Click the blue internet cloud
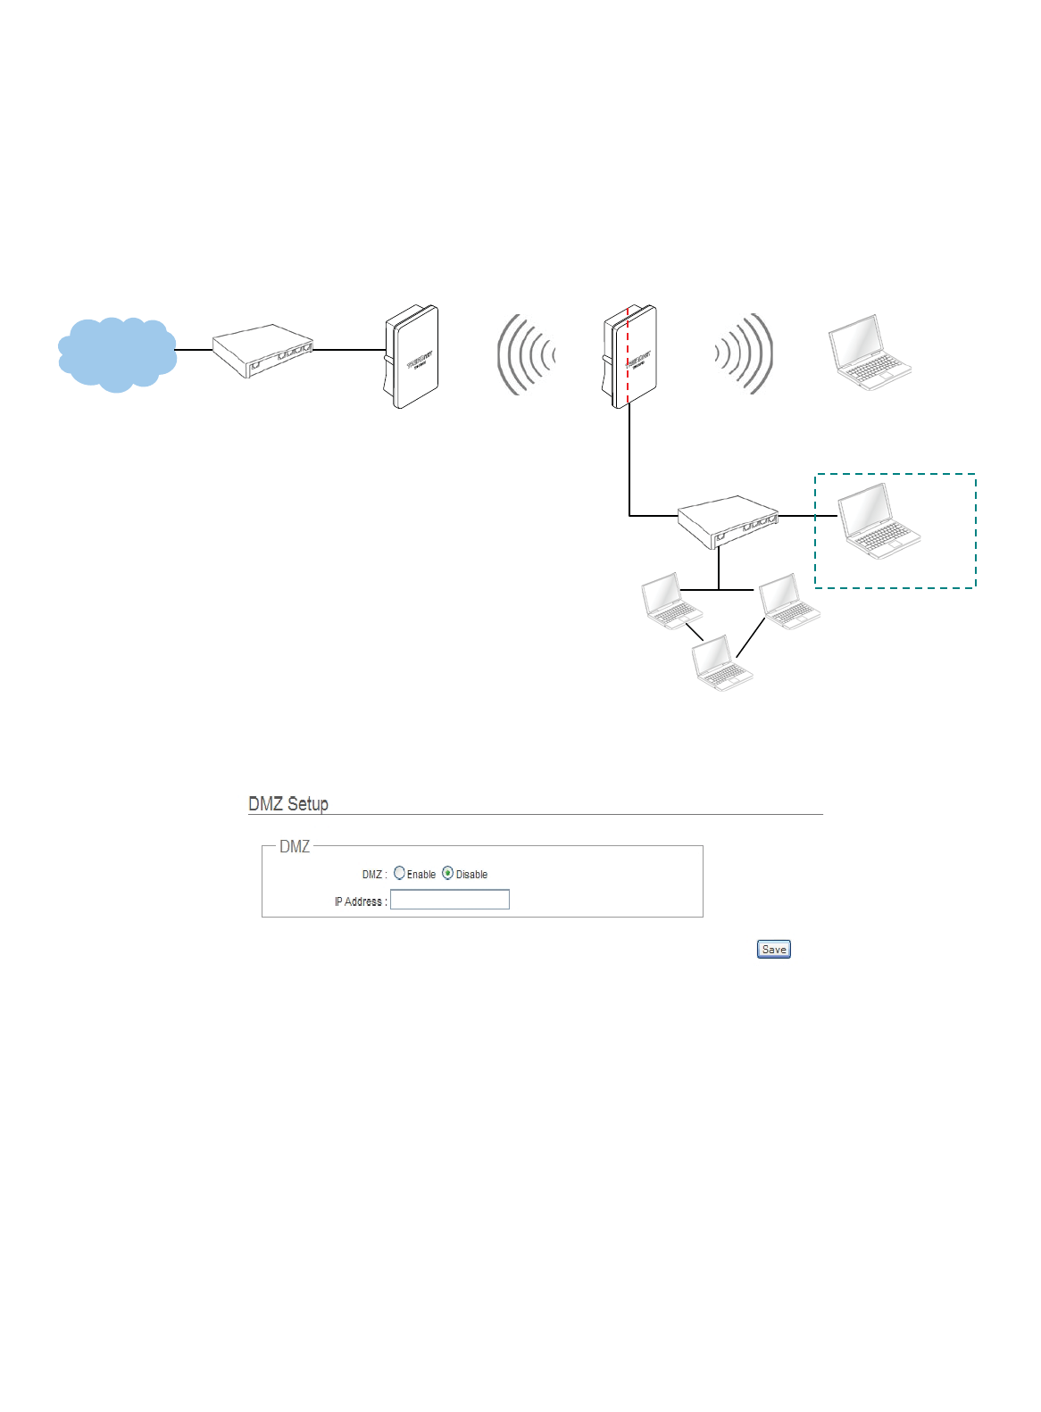[116, 354]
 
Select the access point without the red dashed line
[412, 357]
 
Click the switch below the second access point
[728, 521]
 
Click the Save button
[773, 950]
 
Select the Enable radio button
[400, 874]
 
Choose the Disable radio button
[448, 874]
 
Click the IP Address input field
[450, 900]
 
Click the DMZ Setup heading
[288, 804]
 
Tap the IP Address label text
[361, 901]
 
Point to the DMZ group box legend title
[295, 847]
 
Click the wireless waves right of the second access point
[744, 354]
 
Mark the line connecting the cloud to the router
[193, 350]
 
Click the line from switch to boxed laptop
[808, 516]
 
